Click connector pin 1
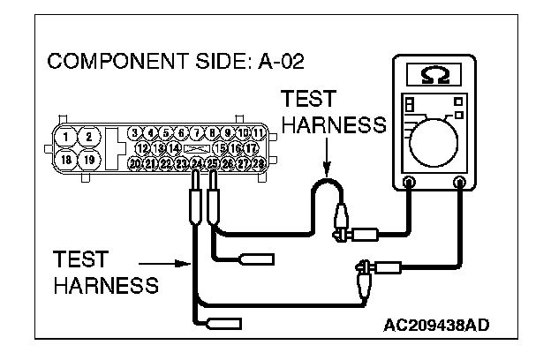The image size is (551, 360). click(x=66, y=137)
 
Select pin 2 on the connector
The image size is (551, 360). click(x=88, y=137)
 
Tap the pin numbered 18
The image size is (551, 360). click(x=66, y=161)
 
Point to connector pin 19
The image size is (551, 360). click(x=88, y=161)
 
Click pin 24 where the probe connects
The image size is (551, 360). click(x=197, y=163)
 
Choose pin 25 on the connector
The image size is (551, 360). click(x=212, y=163)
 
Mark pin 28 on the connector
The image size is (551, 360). click(x=259, y=163)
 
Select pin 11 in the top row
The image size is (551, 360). click(x=259, y=133)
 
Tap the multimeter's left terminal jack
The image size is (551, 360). click(x=409, y=184)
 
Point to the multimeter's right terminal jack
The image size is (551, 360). click(x=460, y=184)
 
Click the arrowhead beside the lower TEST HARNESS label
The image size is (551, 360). click(x=188, y=262)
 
